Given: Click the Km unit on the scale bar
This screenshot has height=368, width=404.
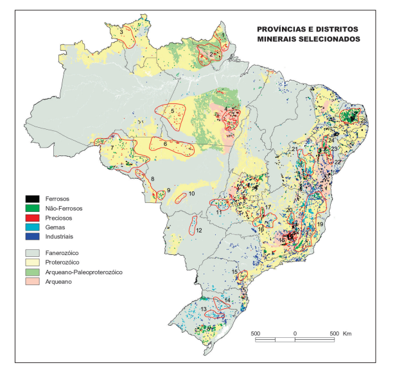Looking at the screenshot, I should pos(347,334).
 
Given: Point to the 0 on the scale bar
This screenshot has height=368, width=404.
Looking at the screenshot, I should pos(295,334).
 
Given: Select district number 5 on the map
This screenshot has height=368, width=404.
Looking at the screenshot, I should pos(173,110).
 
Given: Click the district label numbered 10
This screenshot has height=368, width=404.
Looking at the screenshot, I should pos(191,193).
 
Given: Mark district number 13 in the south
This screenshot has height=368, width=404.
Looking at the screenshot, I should pos(204,310).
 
